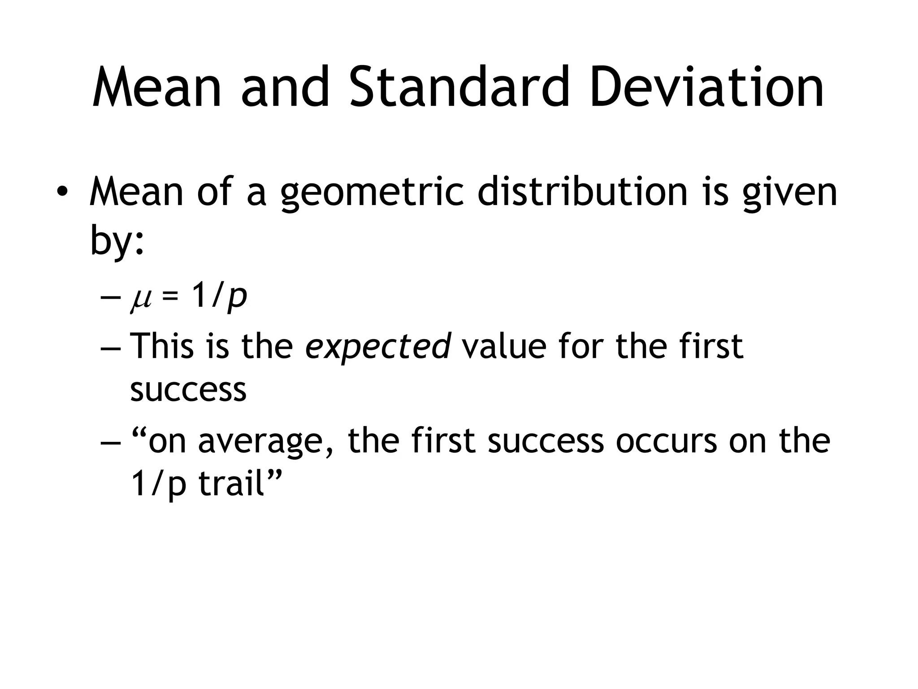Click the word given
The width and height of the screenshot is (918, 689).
[x=789, y=193]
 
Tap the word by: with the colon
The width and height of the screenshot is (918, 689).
[x=117, y=240]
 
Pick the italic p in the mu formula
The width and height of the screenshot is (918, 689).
[x=237, y=298]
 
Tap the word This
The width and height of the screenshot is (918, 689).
[x=162, y=346]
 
